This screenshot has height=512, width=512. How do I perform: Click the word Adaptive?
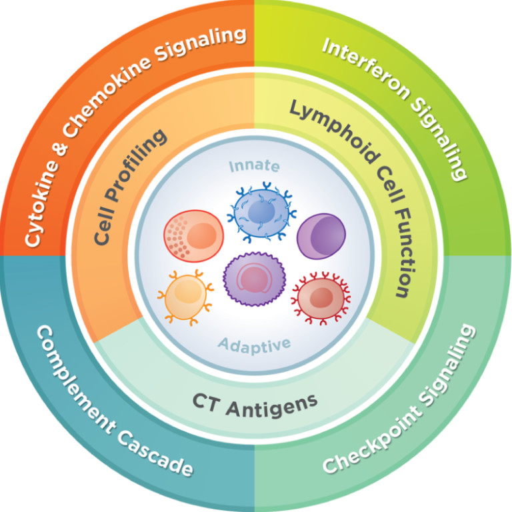click(255, 345)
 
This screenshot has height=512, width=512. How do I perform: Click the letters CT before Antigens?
click(209, 402)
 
